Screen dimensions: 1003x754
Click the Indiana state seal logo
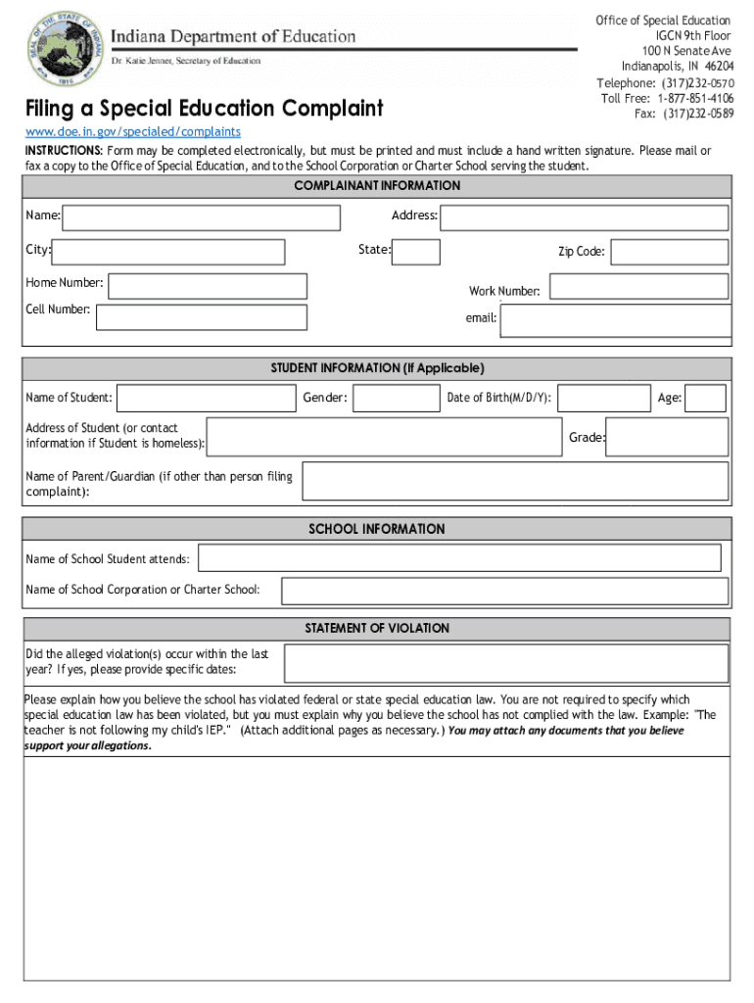pos(63,48)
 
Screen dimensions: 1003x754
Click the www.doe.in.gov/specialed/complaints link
pos(132,131)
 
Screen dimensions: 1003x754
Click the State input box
pos(416,252)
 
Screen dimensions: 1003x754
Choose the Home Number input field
pos(208,285)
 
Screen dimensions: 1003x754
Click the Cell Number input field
pos(202,316)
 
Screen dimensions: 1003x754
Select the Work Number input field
pos(638,286)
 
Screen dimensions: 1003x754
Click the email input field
pos(615,320)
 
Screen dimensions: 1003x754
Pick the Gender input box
pos(397,398)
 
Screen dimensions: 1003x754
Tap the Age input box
pos(706,398)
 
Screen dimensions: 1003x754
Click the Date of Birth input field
pos(605,398)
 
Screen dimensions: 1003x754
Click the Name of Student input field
pos(206,398)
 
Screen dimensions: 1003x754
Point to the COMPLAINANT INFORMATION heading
pos(377,186)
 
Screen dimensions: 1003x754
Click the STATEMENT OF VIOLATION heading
pos(377,628)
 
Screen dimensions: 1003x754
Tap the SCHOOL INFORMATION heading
pos(377,529)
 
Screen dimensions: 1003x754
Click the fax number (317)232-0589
pos(698,114)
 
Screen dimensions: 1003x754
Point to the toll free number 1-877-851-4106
pos(695,99)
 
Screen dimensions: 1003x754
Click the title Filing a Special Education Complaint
pos(204,108)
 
